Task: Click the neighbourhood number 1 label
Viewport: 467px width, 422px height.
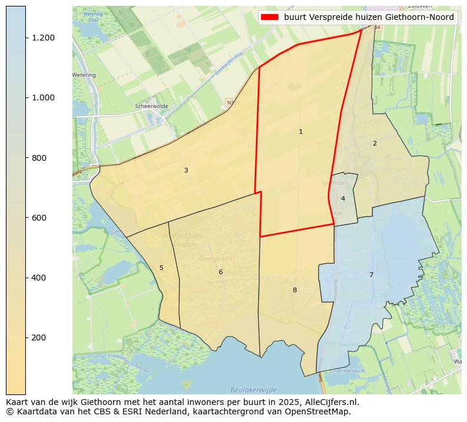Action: [x=301, y=132]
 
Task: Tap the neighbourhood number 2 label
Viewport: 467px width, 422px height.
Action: [x=375, y=143]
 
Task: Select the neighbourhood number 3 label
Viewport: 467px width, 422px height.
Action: [x=186, y=171]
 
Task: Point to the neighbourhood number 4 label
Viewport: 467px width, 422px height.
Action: [x=343, y=198]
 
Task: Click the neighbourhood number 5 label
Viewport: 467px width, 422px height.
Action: [x=161, y=268]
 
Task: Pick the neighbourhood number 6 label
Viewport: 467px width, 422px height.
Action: [x=221, y=272]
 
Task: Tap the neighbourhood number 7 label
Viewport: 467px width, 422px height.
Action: [x=371, y=275]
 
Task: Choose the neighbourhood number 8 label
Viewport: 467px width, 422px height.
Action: [x=295, y=290]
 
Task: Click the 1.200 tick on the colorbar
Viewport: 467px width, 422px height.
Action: [x=43, y=38]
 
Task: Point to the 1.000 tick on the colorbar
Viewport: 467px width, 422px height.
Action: [x=43, y=97]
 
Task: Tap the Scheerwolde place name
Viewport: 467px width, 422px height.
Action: [x=151, y=106]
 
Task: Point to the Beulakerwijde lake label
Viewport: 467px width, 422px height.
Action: [x=253, y=390]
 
